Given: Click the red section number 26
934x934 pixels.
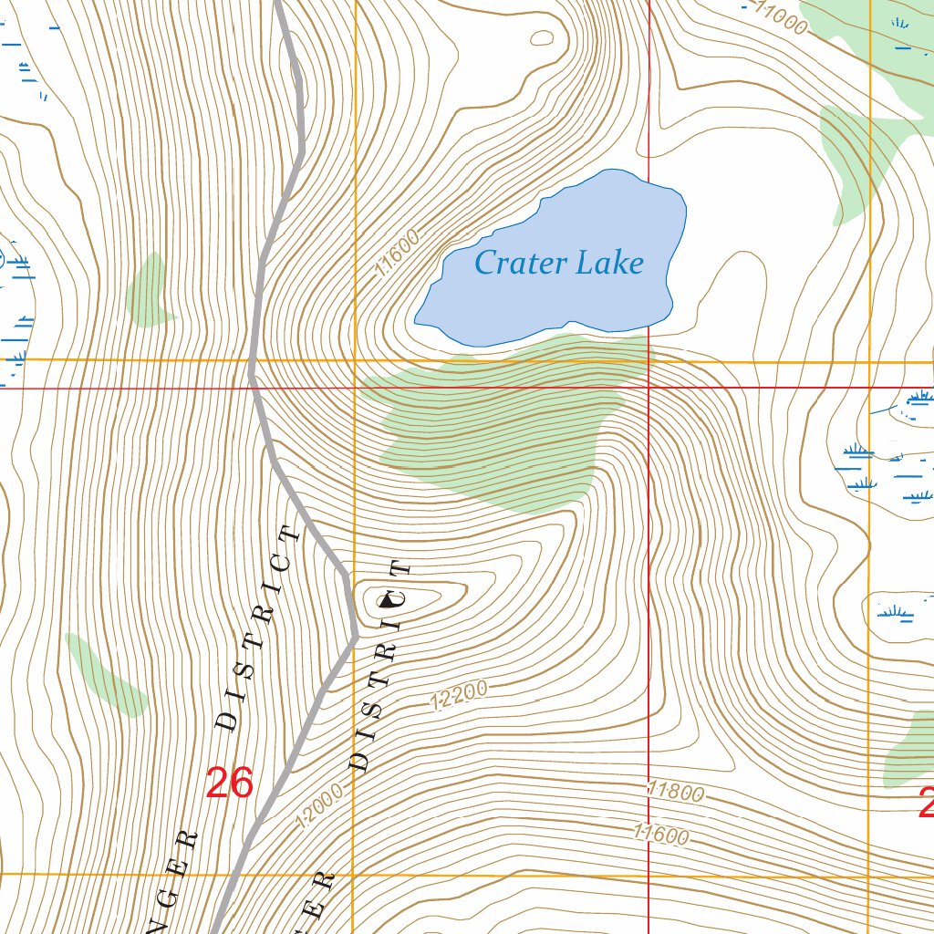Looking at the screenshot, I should tap(229, 783).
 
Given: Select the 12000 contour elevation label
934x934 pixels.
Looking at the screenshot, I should tap(319, 806).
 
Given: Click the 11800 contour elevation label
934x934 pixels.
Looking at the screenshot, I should tap(675, 791).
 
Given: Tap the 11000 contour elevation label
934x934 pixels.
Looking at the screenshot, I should tap(780, 19).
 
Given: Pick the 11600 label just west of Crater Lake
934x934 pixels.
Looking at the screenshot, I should tap(398, 254).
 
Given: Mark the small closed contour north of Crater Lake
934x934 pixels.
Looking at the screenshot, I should tap(542, 38).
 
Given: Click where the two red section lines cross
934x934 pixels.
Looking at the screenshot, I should tap(649, 388).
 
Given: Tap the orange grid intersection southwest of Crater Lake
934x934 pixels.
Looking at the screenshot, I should tap(354, 360).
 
